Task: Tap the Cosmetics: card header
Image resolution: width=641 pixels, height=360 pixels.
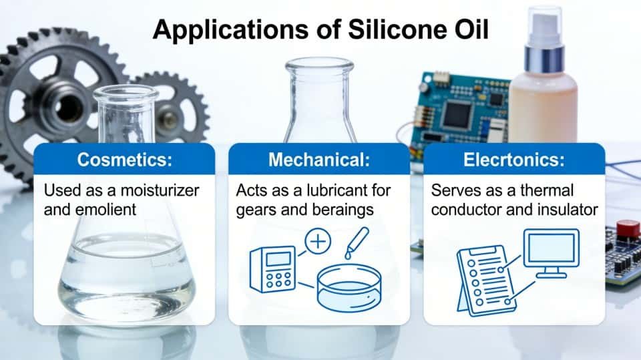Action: point(124,160)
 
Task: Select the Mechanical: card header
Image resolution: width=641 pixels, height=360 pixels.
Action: point(319,160)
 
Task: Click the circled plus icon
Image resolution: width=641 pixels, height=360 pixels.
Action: point(318,242)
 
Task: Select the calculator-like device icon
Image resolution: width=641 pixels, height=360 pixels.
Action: point(273,269)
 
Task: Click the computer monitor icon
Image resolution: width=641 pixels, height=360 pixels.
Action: point(550,252)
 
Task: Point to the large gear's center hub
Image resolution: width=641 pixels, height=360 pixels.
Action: point(67,104)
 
